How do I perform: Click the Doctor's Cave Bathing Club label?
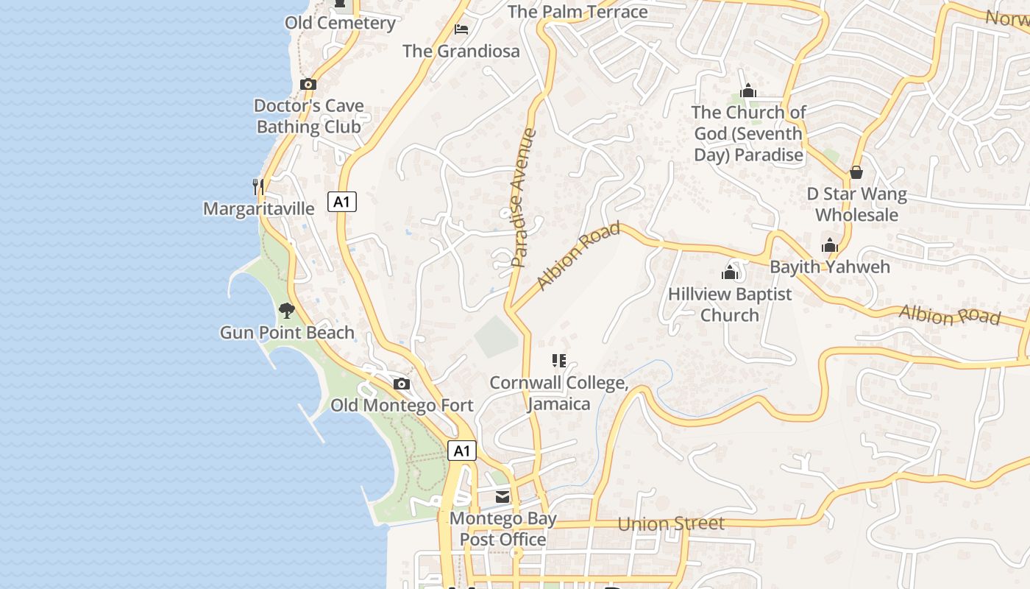pos(309,116)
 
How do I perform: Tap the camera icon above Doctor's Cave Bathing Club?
pos(308,85)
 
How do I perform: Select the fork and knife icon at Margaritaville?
pos(258,186)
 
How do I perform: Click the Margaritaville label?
pos(259,209)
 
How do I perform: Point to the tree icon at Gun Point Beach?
pos(287,311)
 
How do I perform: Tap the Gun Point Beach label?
pos(287,333)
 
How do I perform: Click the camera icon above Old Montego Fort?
pos(402,384)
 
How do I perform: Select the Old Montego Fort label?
pos(402,406)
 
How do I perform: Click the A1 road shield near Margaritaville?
pos(342,202)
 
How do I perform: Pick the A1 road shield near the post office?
pos(461,451)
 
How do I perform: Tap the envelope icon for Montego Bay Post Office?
pos(502,497)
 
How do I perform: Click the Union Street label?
pos(671,524)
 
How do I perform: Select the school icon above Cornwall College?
pos(559,361)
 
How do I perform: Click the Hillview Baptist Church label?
pos(730,305)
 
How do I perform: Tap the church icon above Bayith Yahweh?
pos(830,245)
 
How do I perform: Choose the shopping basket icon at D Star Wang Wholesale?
pos(856,172)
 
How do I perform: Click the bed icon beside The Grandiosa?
pos(461,29)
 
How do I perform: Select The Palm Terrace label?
pos(578,12)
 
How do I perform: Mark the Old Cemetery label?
pos(341,23)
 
